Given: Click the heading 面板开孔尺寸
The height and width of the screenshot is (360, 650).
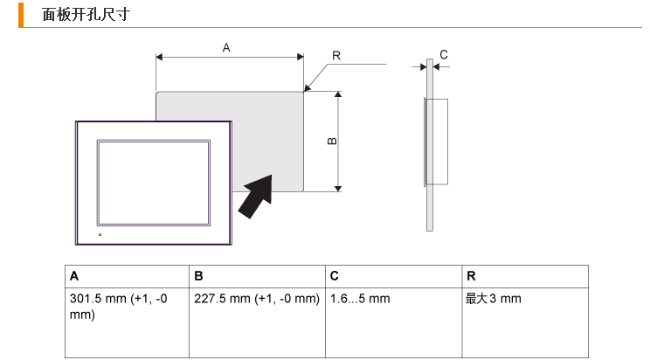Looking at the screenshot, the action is click(86, 15).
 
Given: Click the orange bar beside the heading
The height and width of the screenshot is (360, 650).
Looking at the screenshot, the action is click(21, 15).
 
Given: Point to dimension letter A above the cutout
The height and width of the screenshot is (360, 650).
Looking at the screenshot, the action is click(226, 48).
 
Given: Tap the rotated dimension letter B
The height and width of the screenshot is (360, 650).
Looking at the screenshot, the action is click(332, 141).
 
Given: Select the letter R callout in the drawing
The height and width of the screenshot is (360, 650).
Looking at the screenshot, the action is click(336, 56).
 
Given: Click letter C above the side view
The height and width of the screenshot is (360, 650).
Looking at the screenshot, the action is click(444, 54).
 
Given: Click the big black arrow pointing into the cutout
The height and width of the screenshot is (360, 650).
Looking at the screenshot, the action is click(257, 196).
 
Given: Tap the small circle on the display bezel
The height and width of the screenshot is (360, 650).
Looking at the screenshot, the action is click(100, 235).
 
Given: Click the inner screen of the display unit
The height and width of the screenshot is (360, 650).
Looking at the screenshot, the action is click(154, 183).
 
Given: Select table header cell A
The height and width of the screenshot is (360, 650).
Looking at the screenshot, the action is click(127, 276).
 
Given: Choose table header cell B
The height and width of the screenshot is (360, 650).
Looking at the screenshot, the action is click(257, 276).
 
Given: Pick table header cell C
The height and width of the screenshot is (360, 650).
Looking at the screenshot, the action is click(394, 276).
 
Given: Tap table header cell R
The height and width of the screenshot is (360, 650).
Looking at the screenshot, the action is click(525, 276).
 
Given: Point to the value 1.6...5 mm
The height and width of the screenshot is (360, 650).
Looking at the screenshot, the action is click(360, 299).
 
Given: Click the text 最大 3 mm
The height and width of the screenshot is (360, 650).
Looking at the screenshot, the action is click(494, 299).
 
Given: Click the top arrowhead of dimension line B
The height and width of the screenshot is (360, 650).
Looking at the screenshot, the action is click(338, 94).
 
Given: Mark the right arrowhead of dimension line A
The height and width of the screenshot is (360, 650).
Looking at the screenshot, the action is click(301, 57).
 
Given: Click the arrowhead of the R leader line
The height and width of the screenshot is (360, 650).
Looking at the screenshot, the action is click(307, 88).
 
